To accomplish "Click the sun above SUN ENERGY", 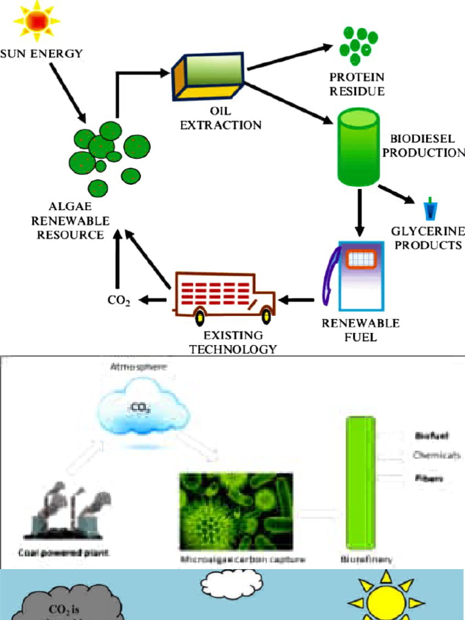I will (x=37, y=21).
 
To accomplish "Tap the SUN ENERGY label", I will (x=41, y=53).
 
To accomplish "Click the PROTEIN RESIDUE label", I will (x=357, y=84).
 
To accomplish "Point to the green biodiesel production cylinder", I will (x=358, y=147).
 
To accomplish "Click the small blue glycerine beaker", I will (x=430, y=209).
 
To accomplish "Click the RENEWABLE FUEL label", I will (x=360, y=330).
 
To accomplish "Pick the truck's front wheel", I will (x=266, y=315).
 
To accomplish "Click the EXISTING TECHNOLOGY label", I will (x=233, y=342).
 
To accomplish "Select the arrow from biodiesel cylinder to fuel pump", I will (x=360, y=212).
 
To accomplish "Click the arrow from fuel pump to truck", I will (x=297, y=299).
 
